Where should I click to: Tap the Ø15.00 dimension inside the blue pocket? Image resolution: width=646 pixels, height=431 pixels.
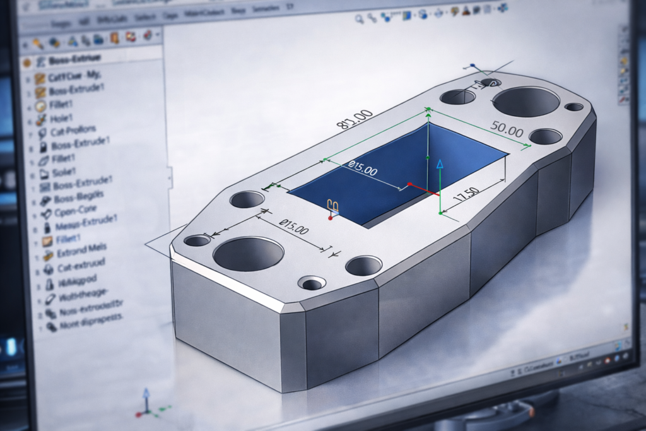click(x=363, y=168)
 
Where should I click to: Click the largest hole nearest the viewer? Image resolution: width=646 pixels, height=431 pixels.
click(x=248, y=253)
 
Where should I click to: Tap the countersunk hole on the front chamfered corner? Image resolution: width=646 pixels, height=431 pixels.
click(x=312, y=283)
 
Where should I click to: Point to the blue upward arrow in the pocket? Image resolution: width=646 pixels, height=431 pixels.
click(x=440, y=165)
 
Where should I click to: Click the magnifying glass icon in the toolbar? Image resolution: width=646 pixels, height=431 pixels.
click(x=360, y=20)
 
